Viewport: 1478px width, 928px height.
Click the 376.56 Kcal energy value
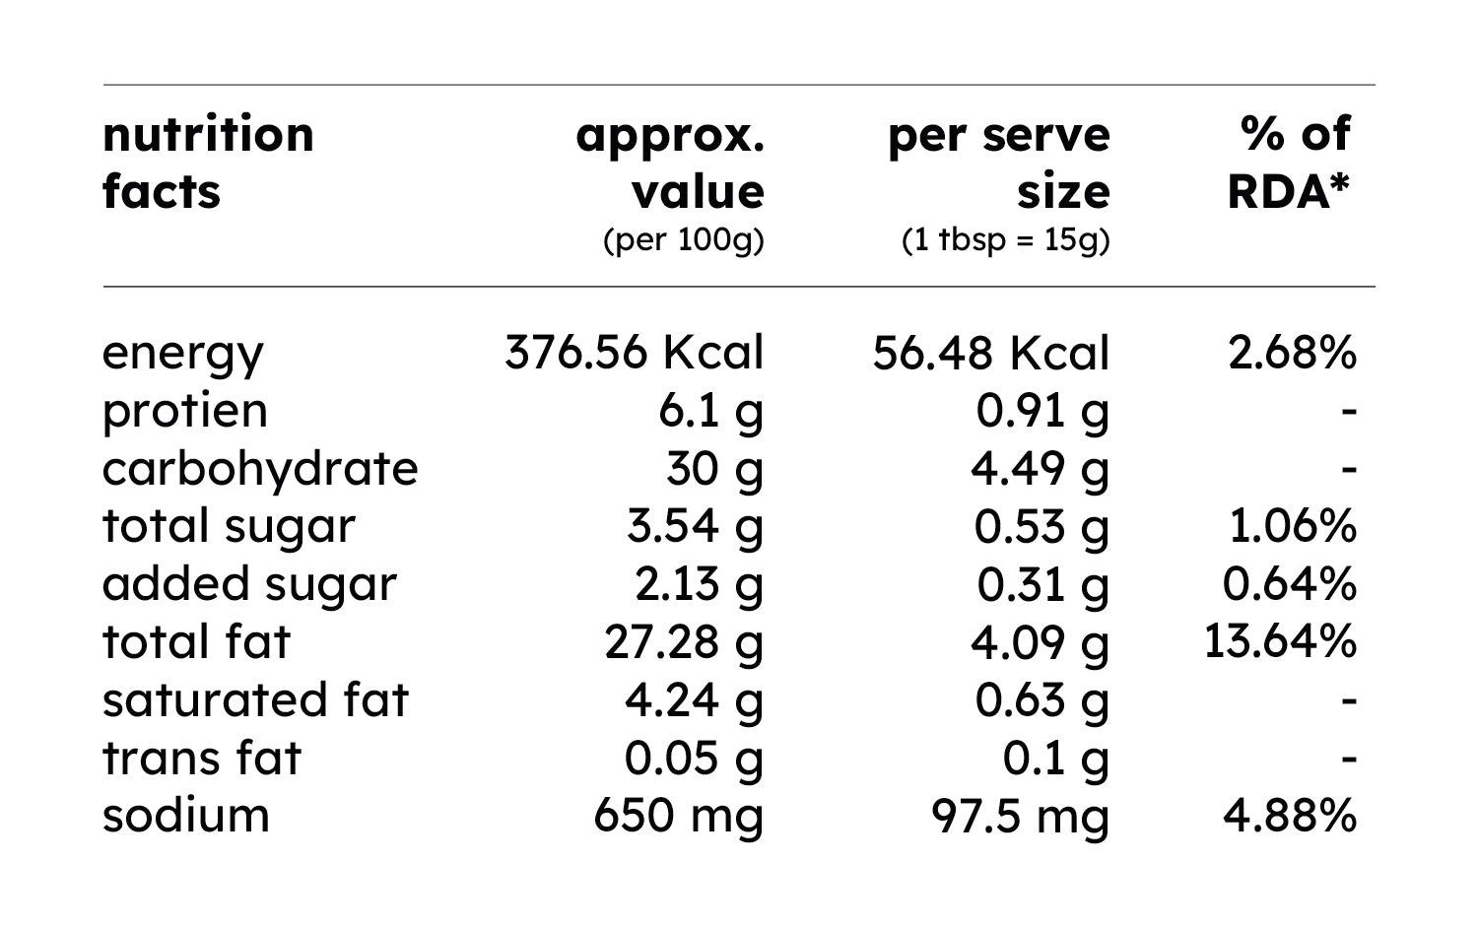tap(635, 353)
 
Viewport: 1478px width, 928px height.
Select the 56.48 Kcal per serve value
tap(990, 353)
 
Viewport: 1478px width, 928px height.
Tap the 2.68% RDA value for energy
tap(1292, 353)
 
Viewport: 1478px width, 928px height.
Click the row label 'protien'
tap(185, 412)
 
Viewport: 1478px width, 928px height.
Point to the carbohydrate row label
tap(260, 470)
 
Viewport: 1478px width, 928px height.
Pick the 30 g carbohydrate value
tap(714, 470)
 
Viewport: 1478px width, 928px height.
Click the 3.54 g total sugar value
tap(695, 527)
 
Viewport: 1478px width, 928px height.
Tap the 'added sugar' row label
tap(249, 585)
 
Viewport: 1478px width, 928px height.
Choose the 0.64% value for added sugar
tap(1289, 584)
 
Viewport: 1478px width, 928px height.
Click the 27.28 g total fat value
tap(684, 642)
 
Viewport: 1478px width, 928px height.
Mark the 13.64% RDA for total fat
tap(1281, 641)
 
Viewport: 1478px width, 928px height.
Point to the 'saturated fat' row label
tap(255, 699)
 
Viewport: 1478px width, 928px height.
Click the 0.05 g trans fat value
tap(694, 759)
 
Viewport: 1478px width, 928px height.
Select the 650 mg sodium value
tap(678, 817)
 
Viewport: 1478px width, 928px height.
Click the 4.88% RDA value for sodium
tap(1290, 816)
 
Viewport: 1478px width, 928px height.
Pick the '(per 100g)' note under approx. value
tap(684, 240)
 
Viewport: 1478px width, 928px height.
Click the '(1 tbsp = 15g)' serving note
tap(1006, 240)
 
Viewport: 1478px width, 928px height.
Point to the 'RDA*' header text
tap(1288, 192)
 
